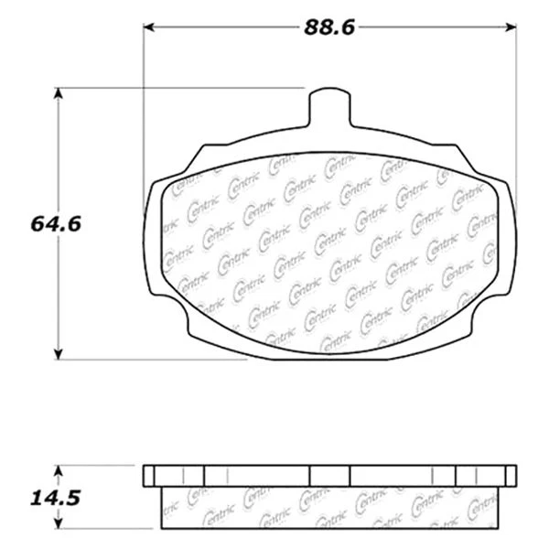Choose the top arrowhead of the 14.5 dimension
point(59,470)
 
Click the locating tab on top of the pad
point(330,108)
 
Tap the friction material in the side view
point(330,508)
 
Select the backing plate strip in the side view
point(330,476)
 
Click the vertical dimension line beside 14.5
point(59,497)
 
